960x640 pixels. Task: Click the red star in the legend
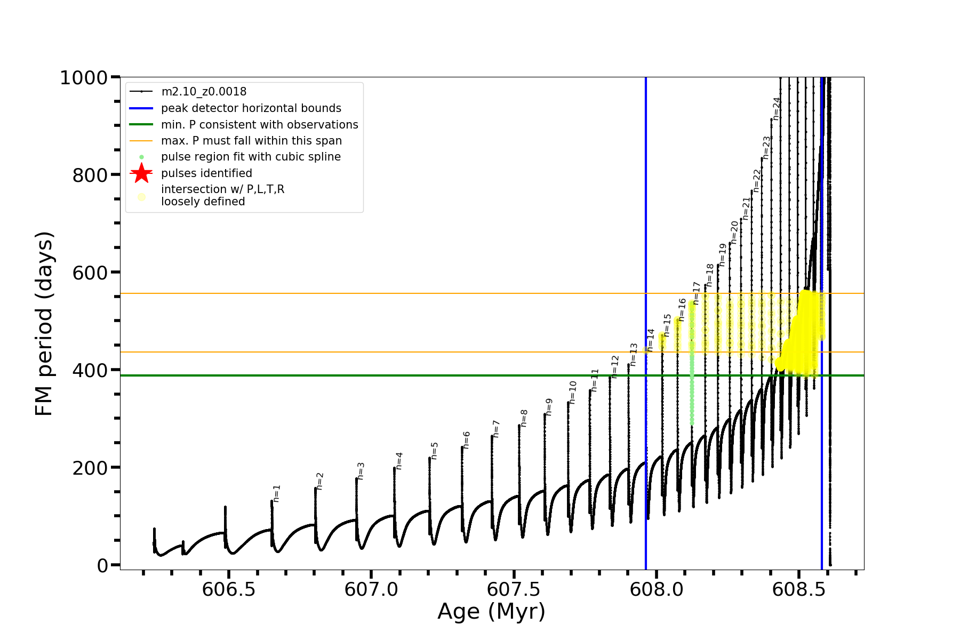[141, 173]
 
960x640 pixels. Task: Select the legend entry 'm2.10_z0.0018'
[204, 92]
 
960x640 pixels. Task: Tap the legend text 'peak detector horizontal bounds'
[251, 108]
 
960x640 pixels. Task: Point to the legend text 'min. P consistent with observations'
[259, 125]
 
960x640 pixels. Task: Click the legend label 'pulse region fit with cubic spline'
[251, 157]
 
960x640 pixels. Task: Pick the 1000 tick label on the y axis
[84, 78]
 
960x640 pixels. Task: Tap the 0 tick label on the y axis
[102, 565]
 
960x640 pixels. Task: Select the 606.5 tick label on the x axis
[229, 589]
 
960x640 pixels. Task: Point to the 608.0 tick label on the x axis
[657, 589]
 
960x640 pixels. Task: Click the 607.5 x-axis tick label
[514, 589]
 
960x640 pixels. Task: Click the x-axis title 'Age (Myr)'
[491, 612]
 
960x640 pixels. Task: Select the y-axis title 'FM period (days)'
[44, 323]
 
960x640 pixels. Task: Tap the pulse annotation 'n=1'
[276, 494]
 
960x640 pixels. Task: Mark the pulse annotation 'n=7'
[496, 429]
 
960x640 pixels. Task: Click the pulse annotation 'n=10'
[573, 392]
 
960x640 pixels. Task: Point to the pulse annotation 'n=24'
[777, 109]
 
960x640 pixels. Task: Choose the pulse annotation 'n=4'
[399, 461]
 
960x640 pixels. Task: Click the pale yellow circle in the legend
[141, 197]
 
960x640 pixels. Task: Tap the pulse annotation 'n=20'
[734, 233]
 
